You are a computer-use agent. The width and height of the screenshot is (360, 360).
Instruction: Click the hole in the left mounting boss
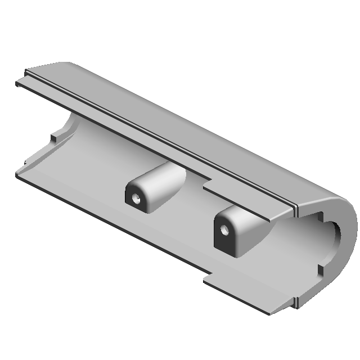136,199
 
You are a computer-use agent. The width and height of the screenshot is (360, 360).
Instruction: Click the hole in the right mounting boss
225,230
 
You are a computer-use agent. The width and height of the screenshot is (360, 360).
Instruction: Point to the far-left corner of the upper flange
17,84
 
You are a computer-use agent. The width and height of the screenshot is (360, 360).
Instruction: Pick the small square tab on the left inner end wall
55,136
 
